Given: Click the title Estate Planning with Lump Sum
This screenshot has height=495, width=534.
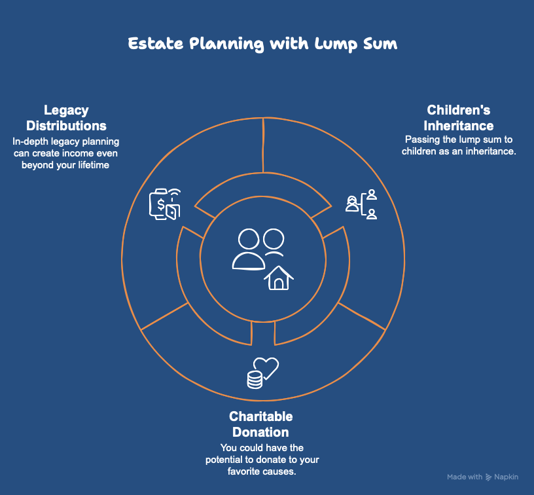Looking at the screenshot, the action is point(262,44).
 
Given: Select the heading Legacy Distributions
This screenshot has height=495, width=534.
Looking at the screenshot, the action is point(66,118).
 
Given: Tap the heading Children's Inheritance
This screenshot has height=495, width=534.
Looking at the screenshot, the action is point(458,118).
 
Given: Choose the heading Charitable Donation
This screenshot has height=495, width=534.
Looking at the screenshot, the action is point(261,424).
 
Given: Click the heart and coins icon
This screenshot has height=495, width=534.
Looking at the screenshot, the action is point(262,373).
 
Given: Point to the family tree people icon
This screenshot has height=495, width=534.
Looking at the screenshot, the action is point(361,204).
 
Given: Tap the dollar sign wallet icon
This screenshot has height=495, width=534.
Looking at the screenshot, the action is point(165,204).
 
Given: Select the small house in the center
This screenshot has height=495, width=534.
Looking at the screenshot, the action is point(279,278).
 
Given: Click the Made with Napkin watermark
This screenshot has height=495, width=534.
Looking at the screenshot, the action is point(482,477).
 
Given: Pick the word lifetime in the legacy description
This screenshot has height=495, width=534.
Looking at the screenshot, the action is point(94,165).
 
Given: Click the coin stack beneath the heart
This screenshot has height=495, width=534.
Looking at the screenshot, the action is point(255,380).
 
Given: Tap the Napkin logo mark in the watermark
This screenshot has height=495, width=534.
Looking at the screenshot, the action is point(489,477).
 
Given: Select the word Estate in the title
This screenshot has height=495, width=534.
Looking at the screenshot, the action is point(156,44).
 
